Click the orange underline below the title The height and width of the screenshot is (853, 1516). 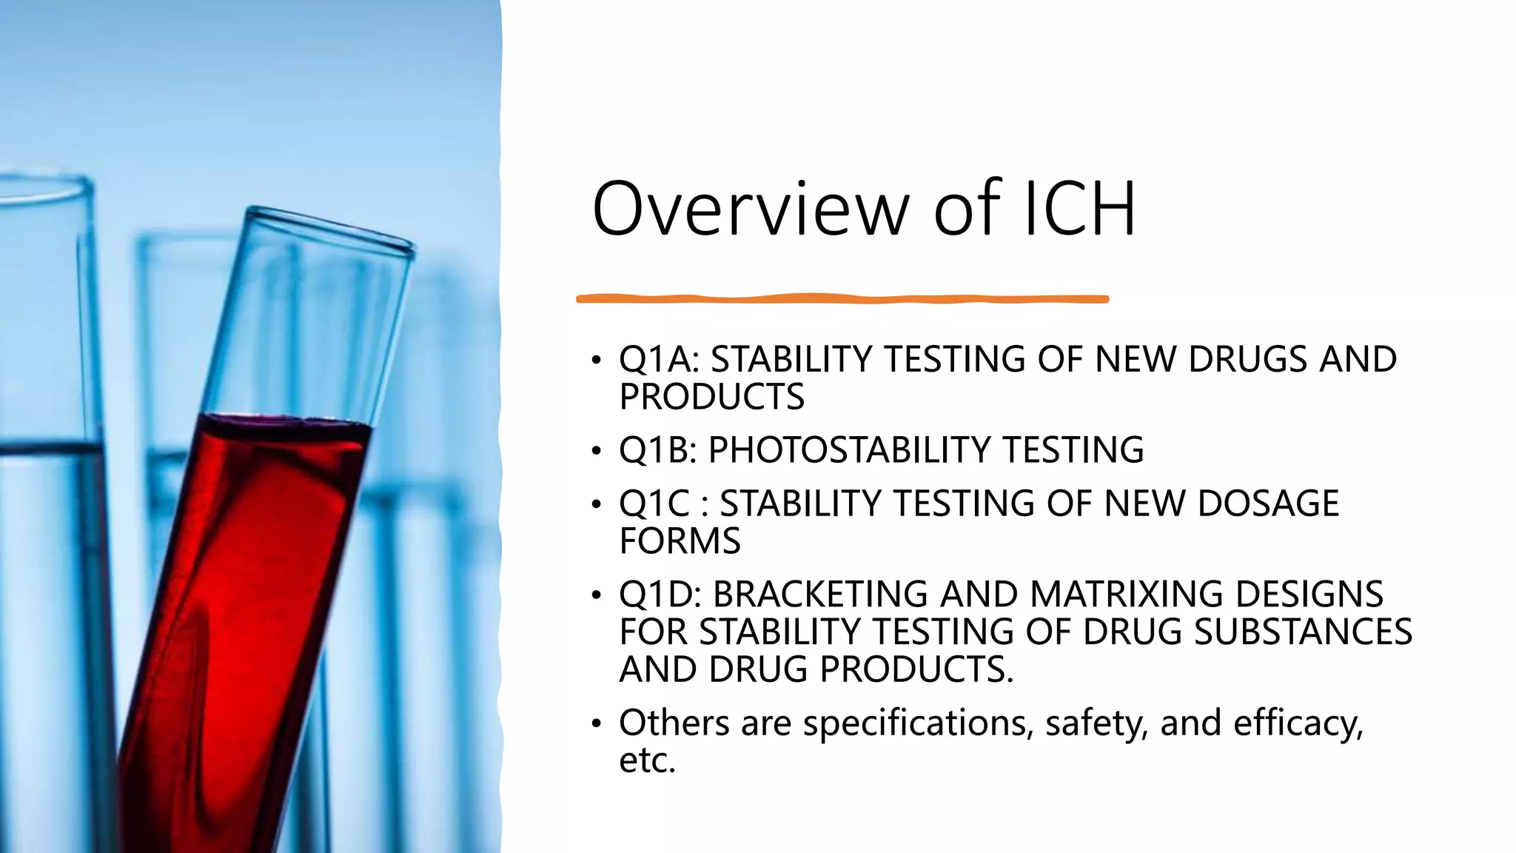point(842,299)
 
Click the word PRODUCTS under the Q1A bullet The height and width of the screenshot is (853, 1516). point(711,397)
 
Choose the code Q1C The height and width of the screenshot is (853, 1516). point(654,504)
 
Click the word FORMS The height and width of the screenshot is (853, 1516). point(680,541)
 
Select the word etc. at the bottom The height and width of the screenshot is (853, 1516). point(647,760)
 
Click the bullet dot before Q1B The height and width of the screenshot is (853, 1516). point(596,451)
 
